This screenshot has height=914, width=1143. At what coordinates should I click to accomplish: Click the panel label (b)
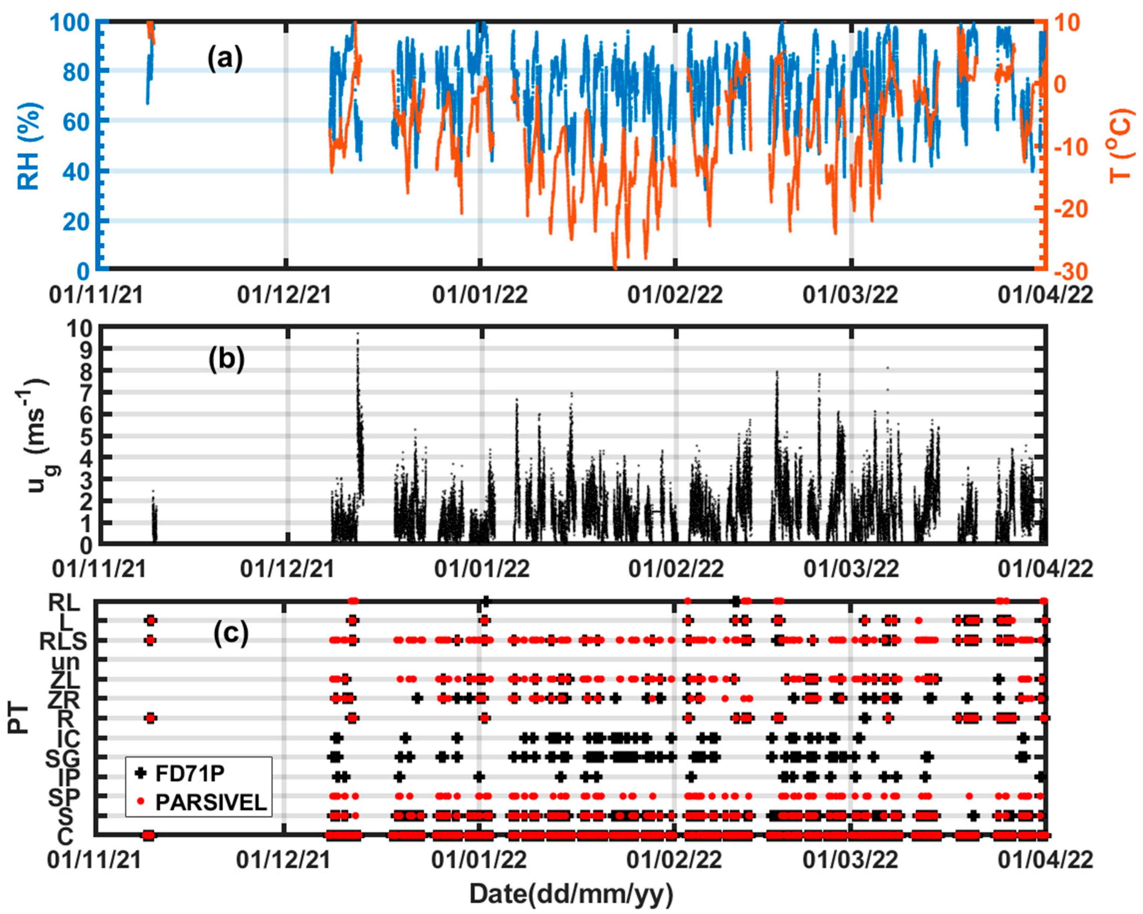226,359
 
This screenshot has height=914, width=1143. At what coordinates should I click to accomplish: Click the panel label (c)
230,633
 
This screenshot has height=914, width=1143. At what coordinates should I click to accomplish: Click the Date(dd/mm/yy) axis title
571,894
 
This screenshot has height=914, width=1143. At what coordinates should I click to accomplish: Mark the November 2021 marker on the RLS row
150,640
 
